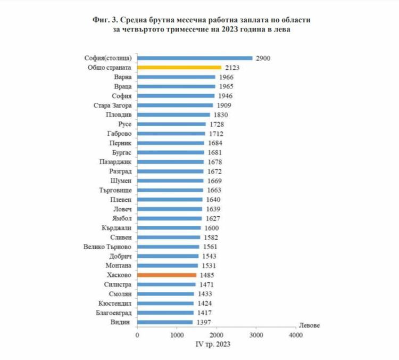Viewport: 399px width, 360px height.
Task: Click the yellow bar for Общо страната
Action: click(x=179, y=68)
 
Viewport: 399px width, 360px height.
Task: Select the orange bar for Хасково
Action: click(x=167, y=275)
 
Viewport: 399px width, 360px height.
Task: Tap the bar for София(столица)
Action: click(x=195, y=58)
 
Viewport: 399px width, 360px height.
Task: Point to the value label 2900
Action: click(x=263, y=58)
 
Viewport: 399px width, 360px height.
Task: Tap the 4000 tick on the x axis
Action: click(x=295, y=336)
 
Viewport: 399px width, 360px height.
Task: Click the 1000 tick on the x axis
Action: click(x=177, y=336)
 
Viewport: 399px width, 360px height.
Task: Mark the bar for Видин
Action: click(x=165, y=322)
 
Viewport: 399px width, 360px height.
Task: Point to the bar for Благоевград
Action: click(x=165, y=313)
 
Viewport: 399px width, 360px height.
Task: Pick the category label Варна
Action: click(x=122, y=77)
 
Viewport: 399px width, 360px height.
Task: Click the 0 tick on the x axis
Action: click(x=137, y=336)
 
